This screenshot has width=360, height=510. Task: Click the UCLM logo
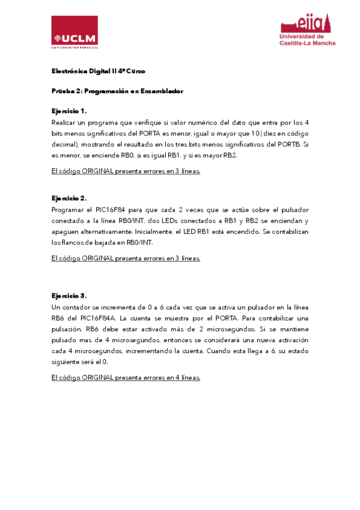point(75,31)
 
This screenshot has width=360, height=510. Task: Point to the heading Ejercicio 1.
point(69,111)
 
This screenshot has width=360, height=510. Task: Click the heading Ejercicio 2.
point(69,197)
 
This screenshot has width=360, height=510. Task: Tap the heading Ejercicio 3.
point(69,295)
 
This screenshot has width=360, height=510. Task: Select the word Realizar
point(64,121)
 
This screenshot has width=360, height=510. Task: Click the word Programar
point(69,209)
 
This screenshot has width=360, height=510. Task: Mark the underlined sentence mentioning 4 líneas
point(126,378)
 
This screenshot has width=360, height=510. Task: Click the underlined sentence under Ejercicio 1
point(126,171)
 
